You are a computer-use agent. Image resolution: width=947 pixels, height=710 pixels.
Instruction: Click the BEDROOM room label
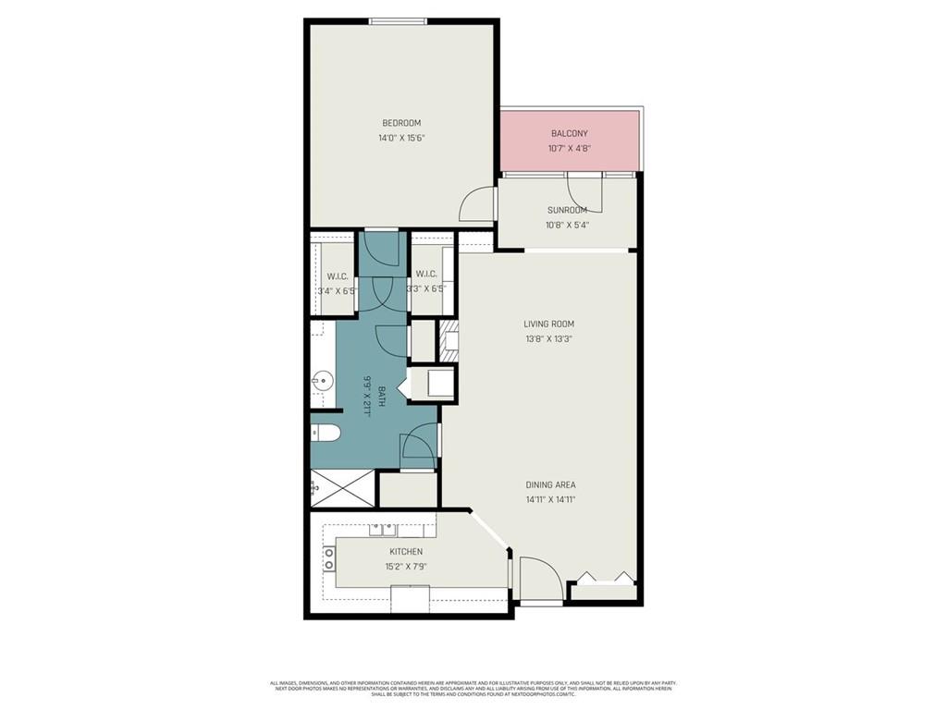coord(401,123)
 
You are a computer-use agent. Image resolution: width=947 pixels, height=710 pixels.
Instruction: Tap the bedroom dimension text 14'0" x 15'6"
coord(401,138)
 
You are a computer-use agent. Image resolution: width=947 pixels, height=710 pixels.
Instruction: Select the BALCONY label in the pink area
coord(569,133)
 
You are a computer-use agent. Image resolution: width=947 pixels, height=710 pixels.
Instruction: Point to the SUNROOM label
coord(567,210)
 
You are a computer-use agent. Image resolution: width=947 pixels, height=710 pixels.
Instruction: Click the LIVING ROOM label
coord(549,324)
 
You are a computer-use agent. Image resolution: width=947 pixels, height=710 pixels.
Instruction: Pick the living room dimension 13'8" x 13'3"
coord(549,338)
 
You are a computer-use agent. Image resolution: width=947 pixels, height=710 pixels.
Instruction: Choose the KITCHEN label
coord(406,552)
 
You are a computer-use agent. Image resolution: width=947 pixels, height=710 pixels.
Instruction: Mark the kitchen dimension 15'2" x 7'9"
coord(406,567)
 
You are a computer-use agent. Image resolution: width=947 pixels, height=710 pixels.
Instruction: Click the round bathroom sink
coord(323,379)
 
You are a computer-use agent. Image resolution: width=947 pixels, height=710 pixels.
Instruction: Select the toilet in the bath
coord(325,431)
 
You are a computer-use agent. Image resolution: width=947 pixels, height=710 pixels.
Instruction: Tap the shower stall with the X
coord(342,487)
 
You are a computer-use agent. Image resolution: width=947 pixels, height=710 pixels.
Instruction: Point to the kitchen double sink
coord(383,530)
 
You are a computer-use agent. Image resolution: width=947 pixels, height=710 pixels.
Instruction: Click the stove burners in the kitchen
coord(328,557)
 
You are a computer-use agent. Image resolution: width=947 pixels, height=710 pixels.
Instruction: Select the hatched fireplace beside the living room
coord(449,340)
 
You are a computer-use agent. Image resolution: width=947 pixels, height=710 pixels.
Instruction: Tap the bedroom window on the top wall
coord(398,21)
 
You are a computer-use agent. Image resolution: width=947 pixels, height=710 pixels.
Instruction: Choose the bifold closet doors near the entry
coord(602,579)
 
